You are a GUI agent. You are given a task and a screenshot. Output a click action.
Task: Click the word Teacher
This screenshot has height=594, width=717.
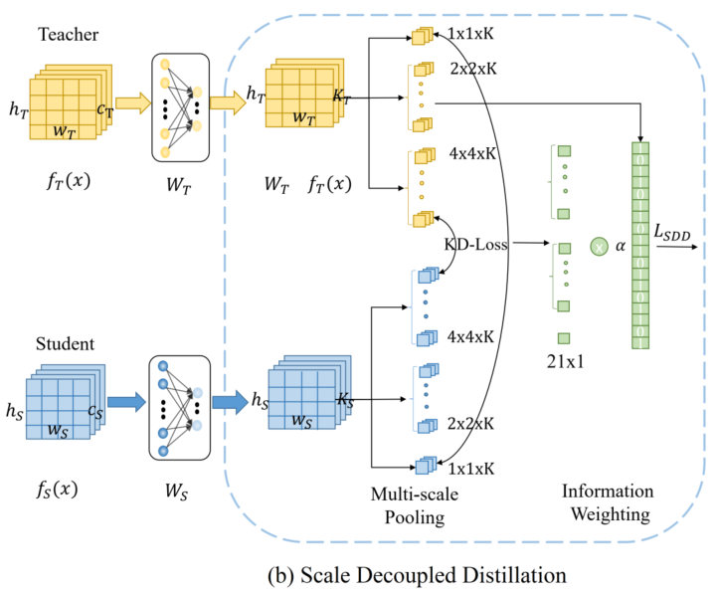pyautogui.click(x=67, y=34)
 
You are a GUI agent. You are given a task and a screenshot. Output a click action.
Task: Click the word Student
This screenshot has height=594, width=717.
pyautogui.click(x=66, y=344)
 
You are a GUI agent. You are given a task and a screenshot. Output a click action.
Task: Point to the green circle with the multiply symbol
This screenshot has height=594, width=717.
pyautogui.click(x=599, y=243)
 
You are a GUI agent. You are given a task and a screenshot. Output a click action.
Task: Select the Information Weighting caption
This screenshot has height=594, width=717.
pyautogui.click(x=608, y=501)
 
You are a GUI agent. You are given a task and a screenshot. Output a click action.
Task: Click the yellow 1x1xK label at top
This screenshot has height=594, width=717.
pyautogui.click(x=473, y=34)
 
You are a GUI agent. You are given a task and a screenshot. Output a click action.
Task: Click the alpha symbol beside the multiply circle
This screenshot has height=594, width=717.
pyautogui.click(x=620, y=245)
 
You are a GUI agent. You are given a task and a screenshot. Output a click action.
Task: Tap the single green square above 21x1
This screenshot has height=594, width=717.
pyautogui.click(x=564, y=338)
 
